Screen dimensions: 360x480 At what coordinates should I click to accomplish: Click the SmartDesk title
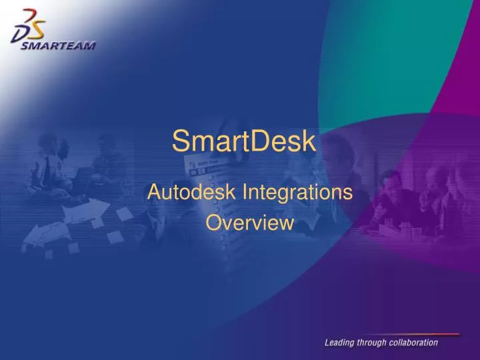[x=244, y=141]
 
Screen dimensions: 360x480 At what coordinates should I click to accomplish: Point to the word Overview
[x=249, y=223]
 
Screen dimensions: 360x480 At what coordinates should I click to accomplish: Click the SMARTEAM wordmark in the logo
[x=54, y=46]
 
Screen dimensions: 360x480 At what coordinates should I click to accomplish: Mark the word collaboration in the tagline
[x=415, y=343]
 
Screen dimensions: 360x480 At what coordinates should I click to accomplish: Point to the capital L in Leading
[x=327, y=343]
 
